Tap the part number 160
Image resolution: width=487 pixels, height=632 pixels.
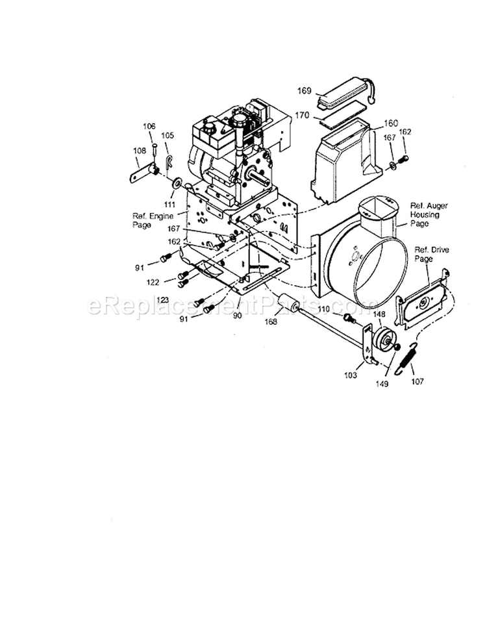tap(373, 123)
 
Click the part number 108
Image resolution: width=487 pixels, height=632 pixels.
tap(139, 151)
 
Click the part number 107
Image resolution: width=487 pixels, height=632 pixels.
tap(417, 381)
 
